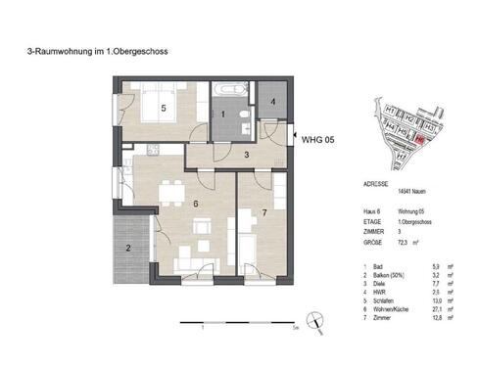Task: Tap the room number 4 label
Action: (273, 101)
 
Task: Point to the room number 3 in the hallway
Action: (248, 155)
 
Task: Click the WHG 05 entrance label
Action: (318, 140)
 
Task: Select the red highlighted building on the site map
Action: (418, 140)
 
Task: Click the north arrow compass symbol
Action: (316, 319)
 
